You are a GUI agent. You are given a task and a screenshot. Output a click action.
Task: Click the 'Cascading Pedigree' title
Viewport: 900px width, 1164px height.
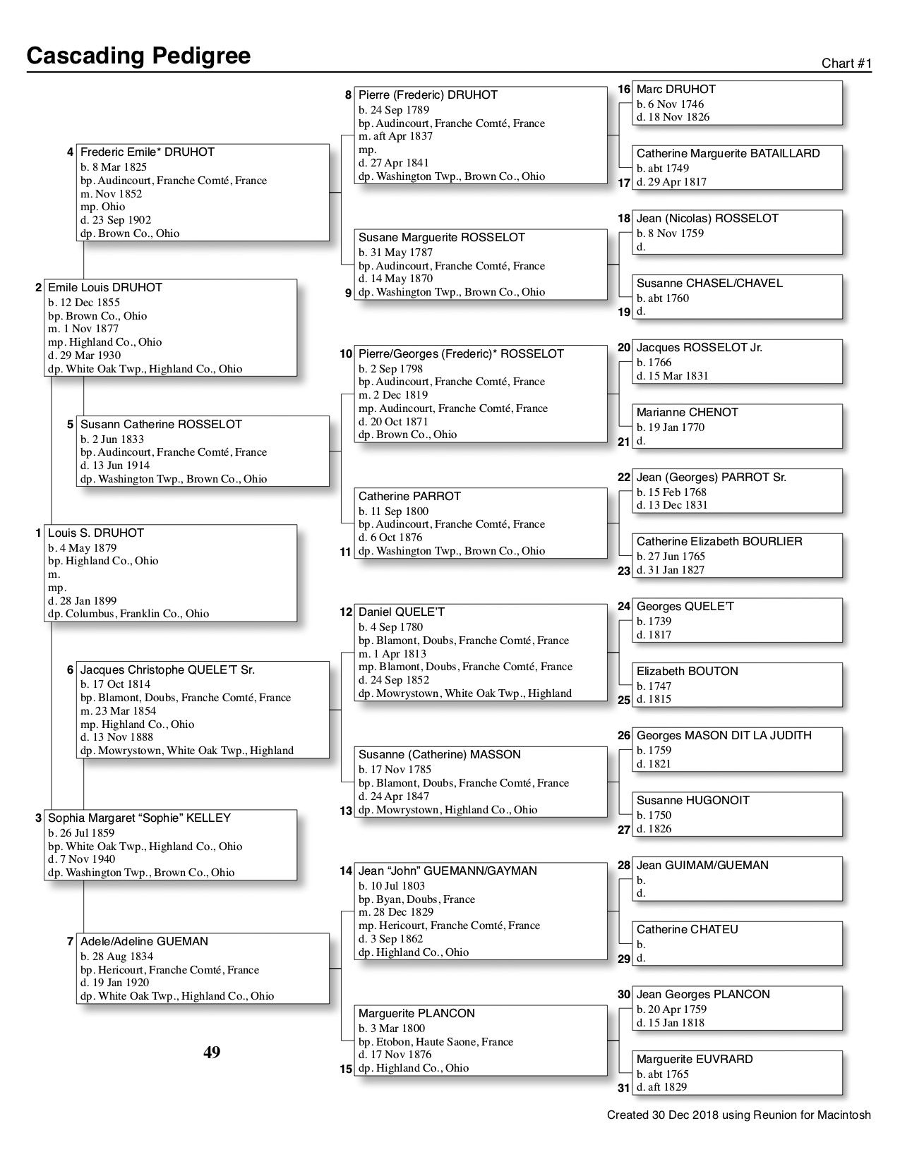[138, 55]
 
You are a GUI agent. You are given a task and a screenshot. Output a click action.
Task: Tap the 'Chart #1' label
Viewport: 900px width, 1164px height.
[846, 63]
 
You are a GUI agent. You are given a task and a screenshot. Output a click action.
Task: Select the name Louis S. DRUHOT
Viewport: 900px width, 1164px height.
[96, 533]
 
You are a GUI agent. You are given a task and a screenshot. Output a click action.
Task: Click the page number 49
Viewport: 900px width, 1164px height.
[212, 1053]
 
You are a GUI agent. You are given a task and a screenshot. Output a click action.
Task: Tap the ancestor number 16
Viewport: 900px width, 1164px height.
[623, 90]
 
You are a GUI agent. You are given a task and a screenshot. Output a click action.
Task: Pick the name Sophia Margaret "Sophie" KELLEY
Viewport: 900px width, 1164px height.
[139, 818]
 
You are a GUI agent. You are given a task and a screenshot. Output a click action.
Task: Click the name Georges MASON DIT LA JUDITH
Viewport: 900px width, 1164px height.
[724, 735]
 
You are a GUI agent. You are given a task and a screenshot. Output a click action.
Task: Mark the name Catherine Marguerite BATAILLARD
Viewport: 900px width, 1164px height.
[728, 154]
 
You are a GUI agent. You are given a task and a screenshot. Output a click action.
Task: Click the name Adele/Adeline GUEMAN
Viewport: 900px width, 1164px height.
[144, 941]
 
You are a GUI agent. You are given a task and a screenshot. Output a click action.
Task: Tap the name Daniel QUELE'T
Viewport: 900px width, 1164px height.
[401, 612]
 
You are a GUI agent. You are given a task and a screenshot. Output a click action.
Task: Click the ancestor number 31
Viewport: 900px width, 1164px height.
[623, 1088]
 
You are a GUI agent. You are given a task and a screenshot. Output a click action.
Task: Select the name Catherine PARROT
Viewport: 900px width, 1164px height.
[409, 497]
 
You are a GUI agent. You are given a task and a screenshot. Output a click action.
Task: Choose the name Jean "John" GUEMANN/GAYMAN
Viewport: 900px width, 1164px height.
[448, 871]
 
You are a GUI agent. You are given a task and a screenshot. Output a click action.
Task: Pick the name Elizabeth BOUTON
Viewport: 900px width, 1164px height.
[687, 672]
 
